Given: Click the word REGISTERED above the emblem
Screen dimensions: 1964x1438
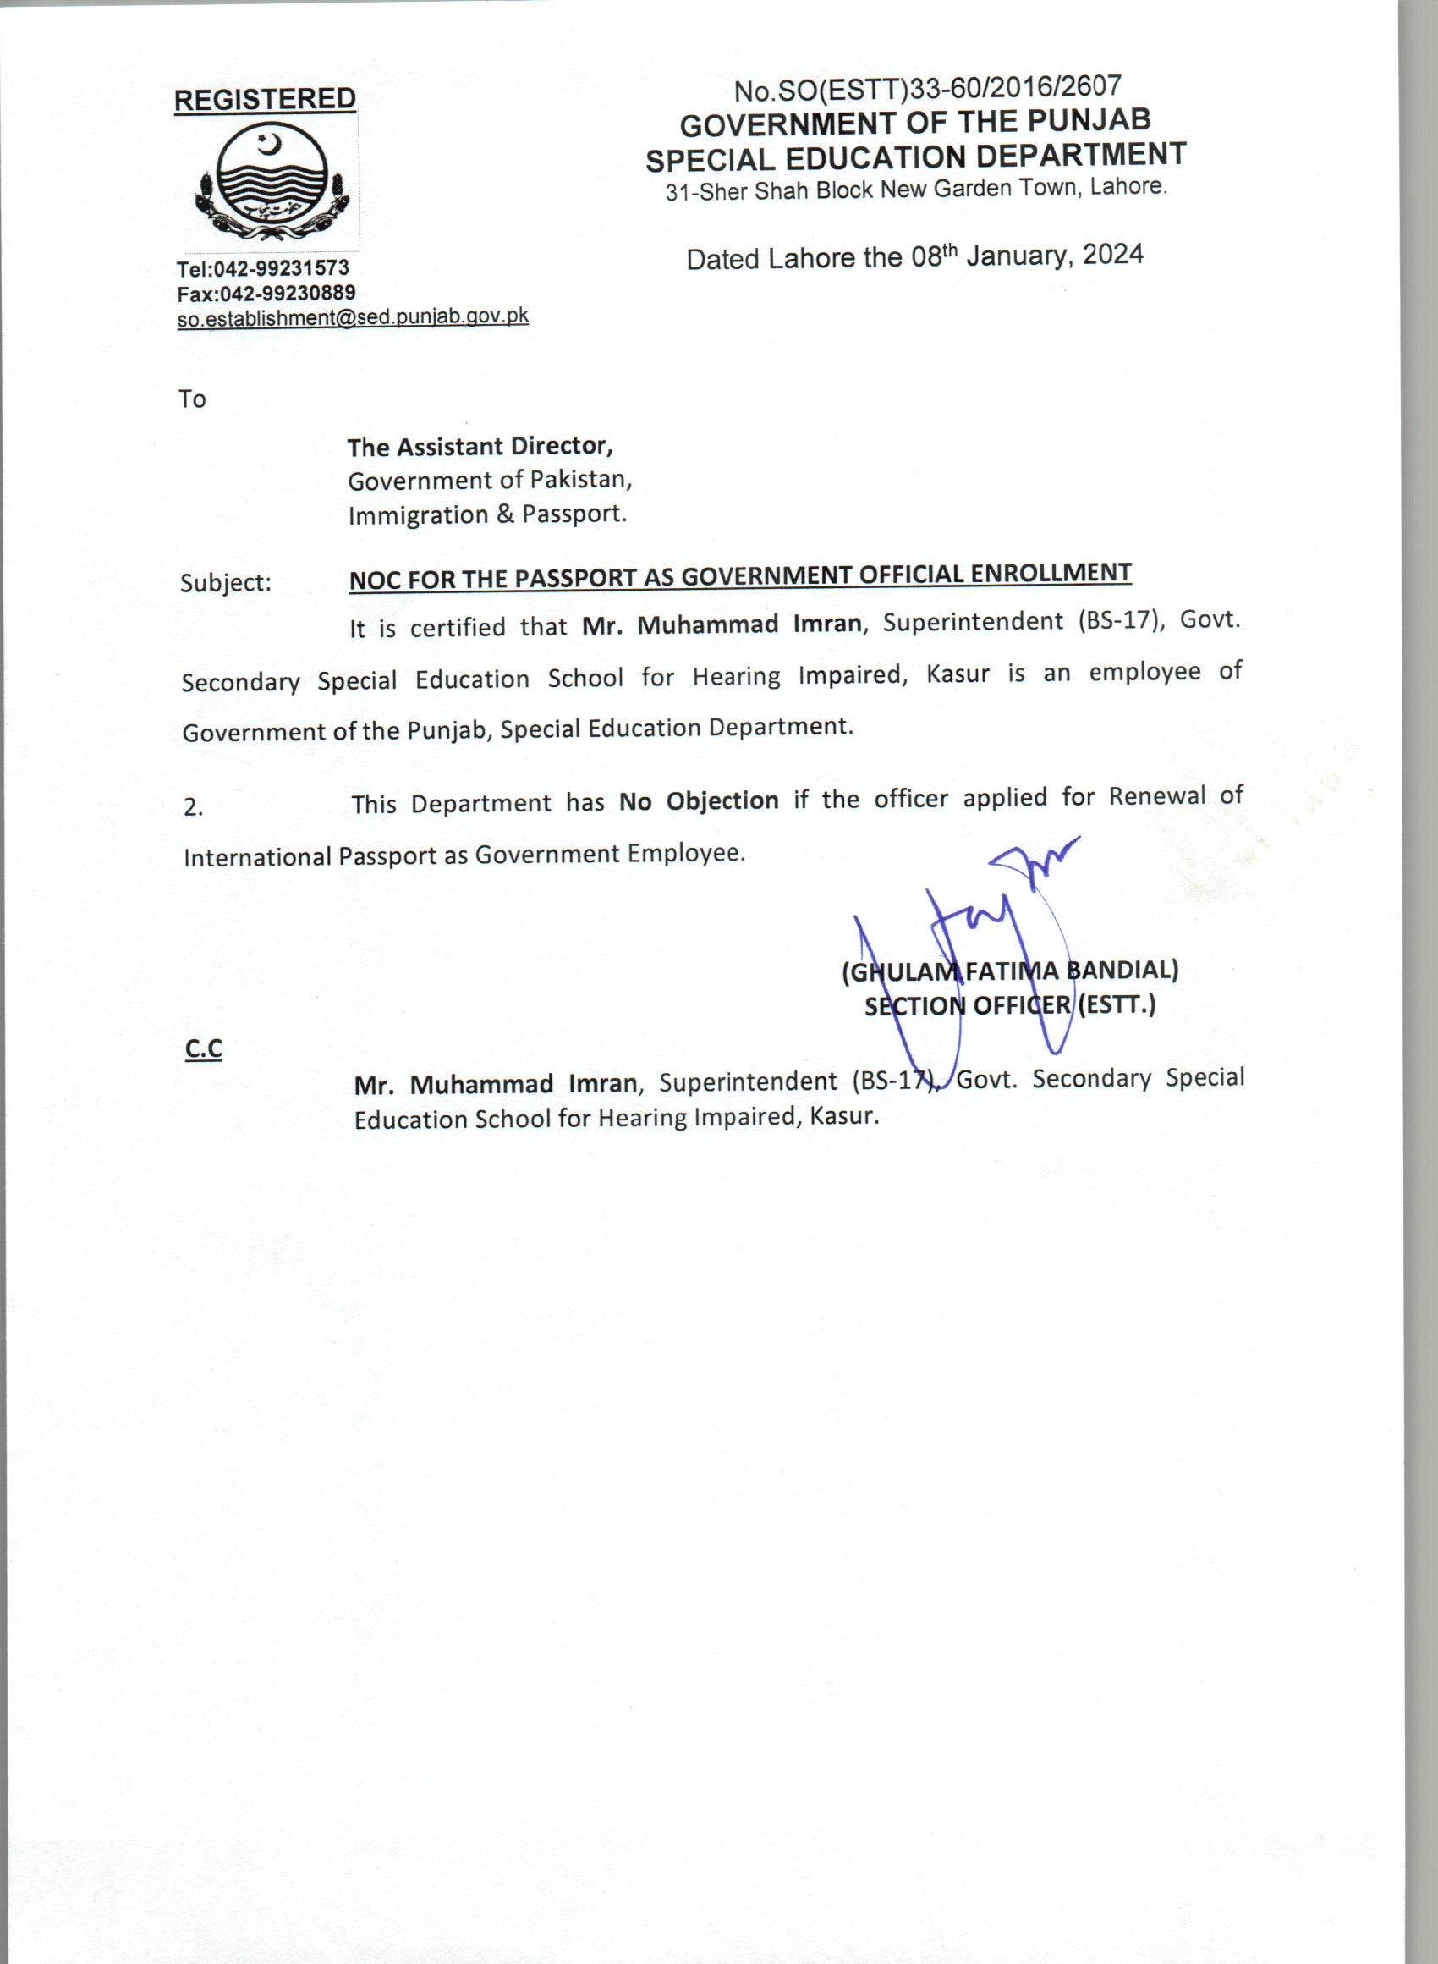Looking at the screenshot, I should click(265, 100).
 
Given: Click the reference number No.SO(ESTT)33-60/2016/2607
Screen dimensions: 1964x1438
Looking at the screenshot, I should click(927, 88).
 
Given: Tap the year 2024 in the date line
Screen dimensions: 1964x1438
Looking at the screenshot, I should click(1112, 254).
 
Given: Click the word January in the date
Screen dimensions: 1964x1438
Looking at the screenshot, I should click(1017, 256).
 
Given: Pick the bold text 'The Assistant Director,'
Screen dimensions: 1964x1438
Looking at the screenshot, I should click(480, 447).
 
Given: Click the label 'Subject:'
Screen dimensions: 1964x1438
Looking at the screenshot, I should click(226, 582).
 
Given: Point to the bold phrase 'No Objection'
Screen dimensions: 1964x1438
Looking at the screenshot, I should click(698, 801).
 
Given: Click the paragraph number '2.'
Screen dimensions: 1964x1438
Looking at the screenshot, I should click(193, 808).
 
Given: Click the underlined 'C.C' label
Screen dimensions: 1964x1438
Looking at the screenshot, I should click(204, 1049).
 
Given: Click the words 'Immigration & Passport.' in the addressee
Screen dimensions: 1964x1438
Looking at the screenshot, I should click(487, 514).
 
